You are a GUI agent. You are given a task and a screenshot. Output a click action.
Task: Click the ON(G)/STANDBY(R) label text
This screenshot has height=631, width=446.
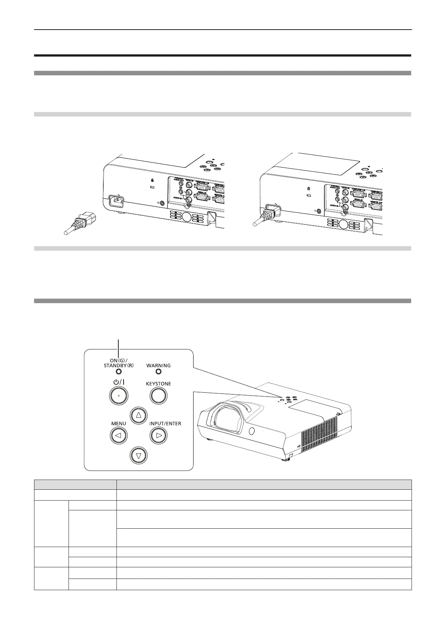point(119,363)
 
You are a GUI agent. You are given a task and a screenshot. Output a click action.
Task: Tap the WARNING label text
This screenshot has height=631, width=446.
point(158,365)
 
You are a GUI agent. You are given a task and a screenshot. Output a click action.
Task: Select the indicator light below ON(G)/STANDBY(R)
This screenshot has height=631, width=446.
point(119,372)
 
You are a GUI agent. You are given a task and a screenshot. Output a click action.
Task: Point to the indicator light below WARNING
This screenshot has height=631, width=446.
point(158,372)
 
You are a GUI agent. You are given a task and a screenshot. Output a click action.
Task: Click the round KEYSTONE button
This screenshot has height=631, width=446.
point(158,395)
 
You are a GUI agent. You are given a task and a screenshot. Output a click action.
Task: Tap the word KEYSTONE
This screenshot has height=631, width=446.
point(158,384)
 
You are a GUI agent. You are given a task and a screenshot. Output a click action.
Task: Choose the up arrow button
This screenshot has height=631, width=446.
point(139,415)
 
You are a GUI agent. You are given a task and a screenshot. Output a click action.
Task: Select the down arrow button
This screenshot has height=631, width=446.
point(139,456)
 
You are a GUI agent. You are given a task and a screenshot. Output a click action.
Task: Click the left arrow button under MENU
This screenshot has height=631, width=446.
point(119,435)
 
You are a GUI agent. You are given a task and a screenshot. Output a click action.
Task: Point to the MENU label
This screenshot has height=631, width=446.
point(118,423)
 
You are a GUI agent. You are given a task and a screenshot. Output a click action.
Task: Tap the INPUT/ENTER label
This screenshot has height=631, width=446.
point(165,423)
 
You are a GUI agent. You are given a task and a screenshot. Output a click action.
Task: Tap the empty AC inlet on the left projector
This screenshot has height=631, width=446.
point(117,202)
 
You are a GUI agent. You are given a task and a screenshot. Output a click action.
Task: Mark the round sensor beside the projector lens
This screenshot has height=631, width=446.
point(251,431)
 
